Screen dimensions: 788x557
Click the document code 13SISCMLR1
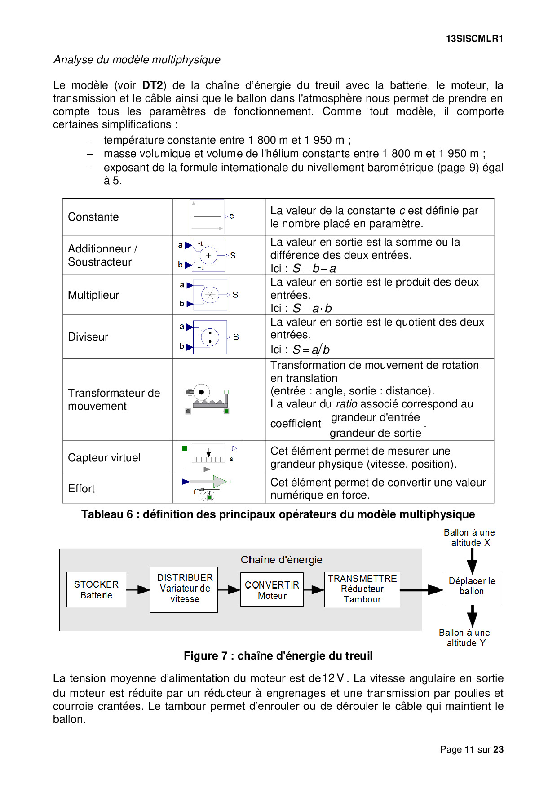pyautogui.click(x=474, y=39)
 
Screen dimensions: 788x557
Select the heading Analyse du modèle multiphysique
pyautogui.click(x=137, y=60)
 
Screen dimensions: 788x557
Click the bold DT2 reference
pyautogui.click(x=152, y=85)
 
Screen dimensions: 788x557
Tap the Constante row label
pyautogui.click(x=93, y=217)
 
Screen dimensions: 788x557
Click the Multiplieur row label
pyautogui.click(x=93, y=295)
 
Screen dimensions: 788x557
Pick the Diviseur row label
pyautogui.click(x=88, y=337)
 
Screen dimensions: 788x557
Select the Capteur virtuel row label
pyautogui.click(x=104, y=458)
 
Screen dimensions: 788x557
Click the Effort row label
pyautogui.click(x=81, y=489)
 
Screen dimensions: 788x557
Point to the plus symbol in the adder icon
pyautogui.click(x=208, y=256)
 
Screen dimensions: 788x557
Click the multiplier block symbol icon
pyautogui.click(x=210, y=295)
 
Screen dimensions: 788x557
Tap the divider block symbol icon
pyautogui.click(x=210, y=337)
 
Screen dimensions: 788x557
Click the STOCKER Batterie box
pyautogui.click(x=96, y=590)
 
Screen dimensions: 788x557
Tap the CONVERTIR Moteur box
pyautogui.click(x=272, y=590)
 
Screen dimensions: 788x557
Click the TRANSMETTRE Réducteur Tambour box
pyautogui.click(x=362, y=589)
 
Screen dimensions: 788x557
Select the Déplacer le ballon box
pyautogui.click(x=472, y=586)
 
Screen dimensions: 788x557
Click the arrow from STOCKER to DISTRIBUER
pyautogui.click(x=138, y=590)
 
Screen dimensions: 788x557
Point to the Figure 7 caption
pyautogui.click(x=278, y=656)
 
